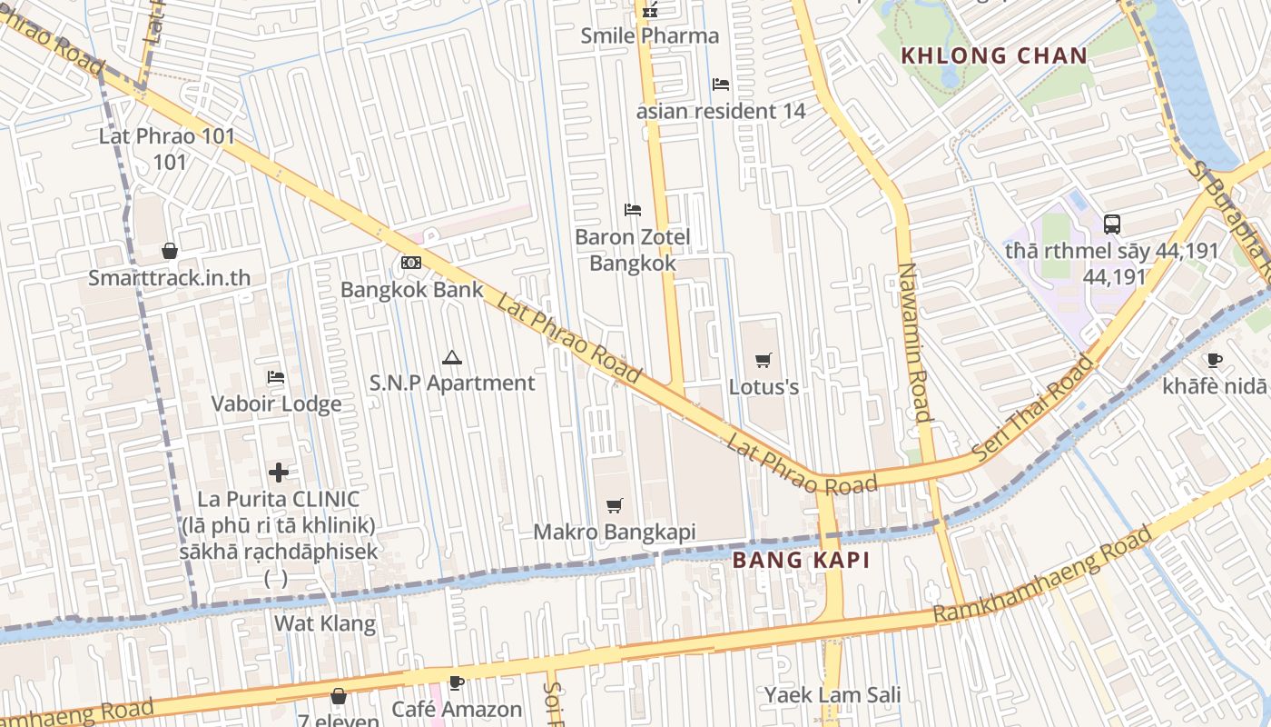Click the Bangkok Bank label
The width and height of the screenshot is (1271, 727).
click(x=411, y=289)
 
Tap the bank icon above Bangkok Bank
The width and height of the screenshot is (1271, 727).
click(x=411, y=263)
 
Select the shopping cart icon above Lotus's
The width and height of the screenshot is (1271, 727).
click(x=764, y=360)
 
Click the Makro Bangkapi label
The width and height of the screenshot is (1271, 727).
click(x=614, y=532)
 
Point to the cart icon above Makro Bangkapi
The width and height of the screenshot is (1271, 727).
click(x=615, y=505)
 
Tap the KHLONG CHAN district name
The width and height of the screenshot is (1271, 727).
click(x=993, y=55)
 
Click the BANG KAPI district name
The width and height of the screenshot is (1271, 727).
click(x=801, y=560)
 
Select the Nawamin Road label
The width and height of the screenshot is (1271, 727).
click(x=914, y=343)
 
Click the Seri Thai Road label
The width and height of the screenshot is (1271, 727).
click(x=1032, y=408)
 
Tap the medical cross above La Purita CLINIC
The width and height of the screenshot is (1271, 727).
click(x=279, y=472)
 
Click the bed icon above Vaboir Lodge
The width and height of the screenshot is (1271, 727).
click(x=276, y=377)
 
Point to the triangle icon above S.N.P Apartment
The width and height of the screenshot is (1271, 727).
click(x=451, y=357)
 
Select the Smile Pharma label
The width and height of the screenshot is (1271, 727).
click(x=649, y=36)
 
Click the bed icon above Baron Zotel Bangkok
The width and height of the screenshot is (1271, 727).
click(x=633, y=210)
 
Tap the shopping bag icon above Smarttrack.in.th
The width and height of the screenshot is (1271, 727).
click(x=169, y=251)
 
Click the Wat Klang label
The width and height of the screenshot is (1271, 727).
click(x=324, y=623)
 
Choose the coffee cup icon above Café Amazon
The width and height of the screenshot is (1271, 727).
click(x=457, y=682)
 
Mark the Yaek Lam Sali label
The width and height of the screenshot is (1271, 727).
click(x=832, y=695)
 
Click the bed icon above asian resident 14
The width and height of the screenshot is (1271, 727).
click(x=721, y=85)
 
